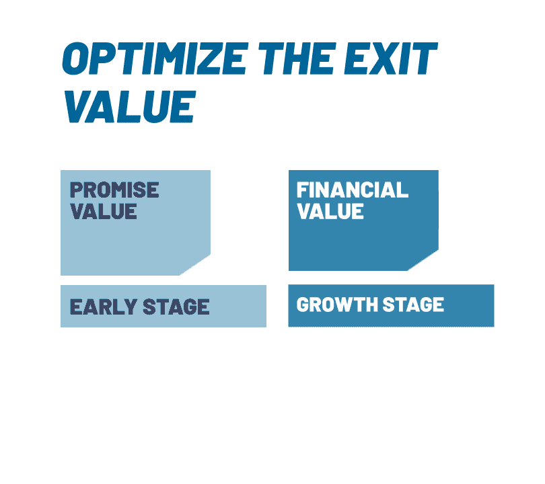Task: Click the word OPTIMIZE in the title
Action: click(x=155, y=58)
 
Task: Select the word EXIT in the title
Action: click(x=391, y=58)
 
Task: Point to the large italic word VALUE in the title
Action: click(x=130, y=107)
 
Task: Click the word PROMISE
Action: click(x=114, y=190)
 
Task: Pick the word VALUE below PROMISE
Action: click(x=104, y=212)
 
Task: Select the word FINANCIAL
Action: click(x=353, y=190)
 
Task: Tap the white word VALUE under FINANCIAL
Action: click(x=330, y=212)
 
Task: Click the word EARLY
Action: click(x=103, y=307)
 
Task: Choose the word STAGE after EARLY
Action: click(x=176, y=307)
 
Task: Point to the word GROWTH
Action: click(x=337, y=305)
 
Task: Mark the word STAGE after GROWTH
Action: click(x=413, y=305)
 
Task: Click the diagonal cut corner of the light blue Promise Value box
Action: click(x=195, y=265)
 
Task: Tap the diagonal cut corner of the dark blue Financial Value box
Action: click(x=423, y=260)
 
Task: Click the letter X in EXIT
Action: click(x=385, y=58)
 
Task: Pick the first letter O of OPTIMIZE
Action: click(x=77, y=58)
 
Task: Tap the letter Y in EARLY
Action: click(x=130, y=307)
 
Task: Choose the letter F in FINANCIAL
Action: click(x=303, y=190)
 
